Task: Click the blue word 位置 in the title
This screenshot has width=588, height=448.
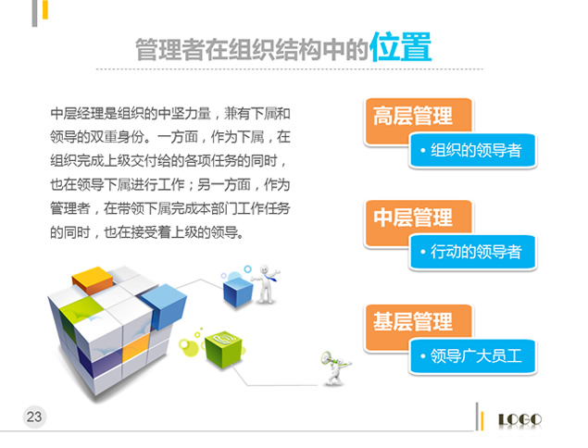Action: pyautogui.click(x=401, y=47)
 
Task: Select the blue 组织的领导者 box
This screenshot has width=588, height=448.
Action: pyautogui.click(x=473, y=150)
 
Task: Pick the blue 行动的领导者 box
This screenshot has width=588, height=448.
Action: pyautogui.click(x=473, y=252)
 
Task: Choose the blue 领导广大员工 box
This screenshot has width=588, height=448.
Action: pyautogui.click(x=473, y=356)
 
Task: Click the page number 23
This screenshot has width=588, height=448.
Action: pyautogui.click(x=34, y=417)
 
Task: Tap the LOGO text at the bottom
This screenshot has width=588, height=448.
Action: pyautogui.click(x=519, y=419)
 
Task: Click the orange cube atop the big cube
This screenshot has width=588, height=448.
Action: pyautogui.click(x=93, y=280)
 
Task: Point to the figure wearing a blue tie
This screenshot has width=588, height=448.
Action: pyautogui.click(x=266, y=284)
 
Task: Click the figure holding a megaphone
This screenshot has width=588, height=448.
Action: pyautogui.click(x=335, y=367)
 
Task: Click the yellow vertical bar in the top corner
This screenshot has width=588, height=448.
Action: pyautogui.click(x=45, y=9)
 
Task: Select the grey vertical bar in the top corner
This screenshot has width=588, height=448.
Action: pyautogui.click(x=34, y=13)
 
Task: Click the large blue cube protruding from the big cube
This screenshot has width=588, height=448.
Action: pyautogui.click(x=164, y=305)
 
